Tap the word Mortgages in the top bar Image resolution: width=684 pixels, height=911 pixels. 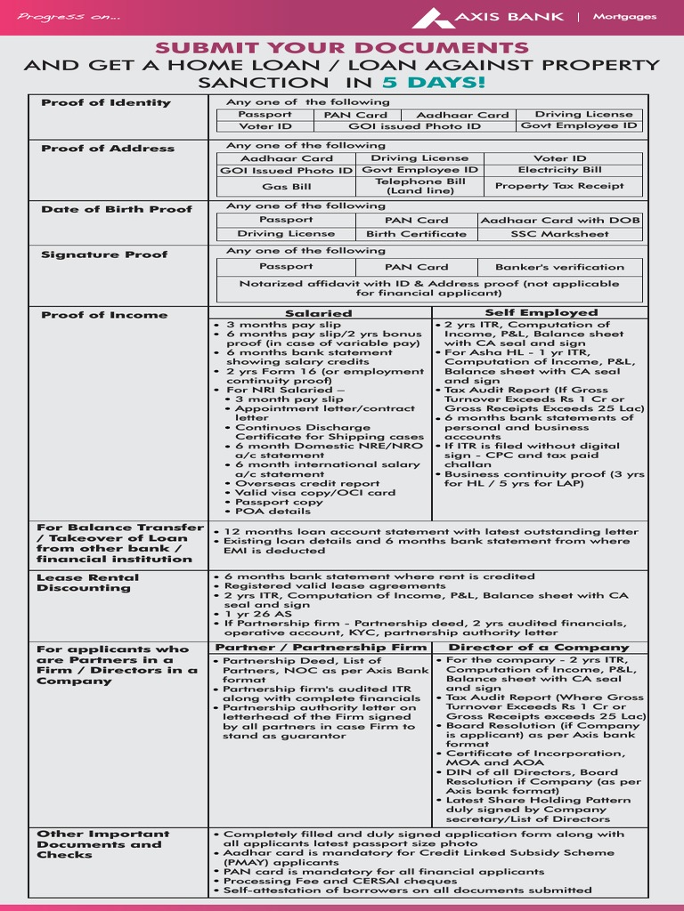[624, 17]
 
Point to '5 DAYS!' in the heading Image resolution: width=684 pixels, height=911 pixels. [435, 83]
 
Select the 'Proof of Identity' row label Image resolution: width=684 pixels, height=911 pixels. [106, 103]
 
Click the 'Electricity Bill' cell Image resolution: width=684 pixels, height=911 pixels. [559, 170]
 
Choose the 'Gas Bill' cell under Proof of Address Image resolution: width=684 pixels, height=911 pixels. [286, 187]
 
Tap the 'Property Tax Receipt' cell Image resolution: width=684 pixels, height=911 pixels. [559, 186]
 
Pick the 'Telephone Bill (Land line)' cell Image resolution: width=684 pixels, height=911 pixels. [420, 186]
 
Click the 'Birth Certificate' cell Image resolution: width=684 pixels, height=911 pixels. [416, 234]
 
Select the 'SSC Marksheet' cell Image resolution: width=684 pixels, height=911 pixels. [559, 234]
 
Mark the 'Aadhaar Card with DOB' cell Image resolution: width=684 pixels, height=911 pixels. [559, 220]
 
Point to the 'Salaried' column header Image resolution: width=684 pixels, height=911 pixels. [318, 313]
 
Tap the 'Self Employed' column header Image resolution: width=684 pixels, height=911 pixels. [541, 313]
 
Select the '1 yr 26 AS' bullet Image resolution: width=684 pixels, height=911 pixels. [258, 614]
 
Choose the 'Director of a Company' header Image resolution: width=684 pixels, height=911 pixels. [538, 648]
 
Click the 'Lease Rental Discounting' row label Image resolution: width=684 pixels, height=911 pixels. [84, 583]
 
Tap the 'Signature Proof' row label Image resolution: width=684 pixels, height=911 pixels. [104, 254]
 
